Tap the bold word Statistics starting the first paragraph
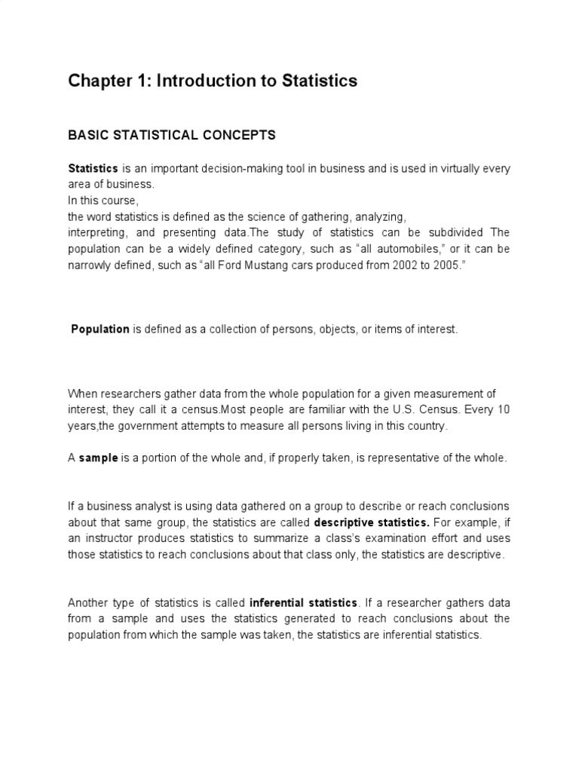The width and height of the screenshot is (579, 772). (93, 169)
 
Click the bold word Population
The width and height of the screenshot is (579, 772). (101, 329)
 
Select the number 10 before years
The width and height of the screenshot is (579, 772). (503, 410)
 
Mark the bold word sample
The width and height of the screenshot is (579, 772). (99, 458)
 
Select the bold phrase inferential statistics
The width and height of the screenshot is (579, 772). (303, 602)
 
